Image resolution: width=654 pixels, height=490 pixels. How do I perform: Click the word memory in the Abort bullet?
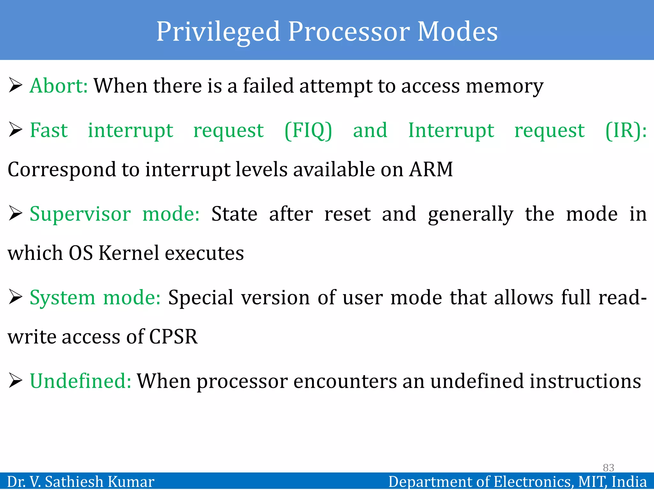point(504,86)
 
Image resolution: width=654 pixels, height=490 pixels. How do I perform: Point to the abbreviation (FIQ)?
point(308,130)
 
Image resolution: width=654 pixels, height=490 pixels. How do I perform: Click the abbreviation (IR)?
point(626,130)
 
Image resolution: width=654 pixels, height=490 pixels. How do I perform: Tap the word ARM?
point(431,169)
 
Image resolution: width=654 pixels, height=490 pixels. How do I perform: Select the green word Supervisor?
point(80,214)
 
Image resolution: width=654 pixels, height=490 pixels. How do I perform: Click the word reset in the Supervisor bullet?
point(347,214)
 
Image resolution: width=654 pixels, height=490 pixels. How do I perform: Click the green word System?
point(63,298)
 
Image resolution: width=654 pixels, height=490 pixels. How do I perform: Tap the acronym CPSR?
point(173,337)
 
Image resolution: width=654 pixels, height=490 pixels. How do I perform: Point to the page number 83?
point(608,468)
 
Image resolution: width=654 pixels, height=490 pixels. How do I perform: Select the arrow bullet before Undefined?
point(15,381)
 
